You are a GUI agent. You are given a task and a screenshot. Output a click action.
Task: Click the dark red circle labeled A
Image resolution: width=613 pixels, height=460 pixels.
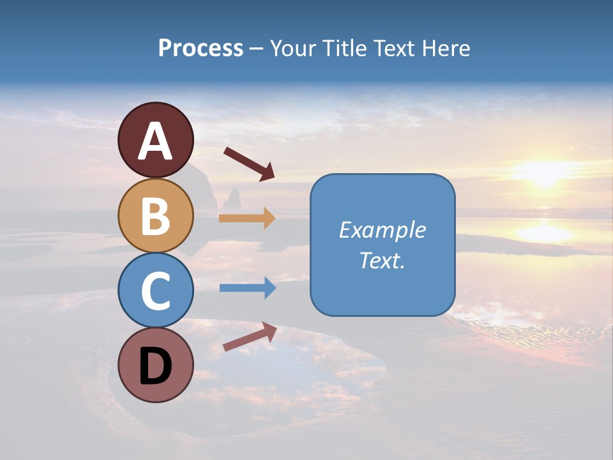pos(155,140)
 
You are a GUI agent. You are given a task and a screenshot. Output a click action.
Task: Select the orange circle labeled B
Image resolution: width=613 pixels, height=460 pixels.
pos(155,215)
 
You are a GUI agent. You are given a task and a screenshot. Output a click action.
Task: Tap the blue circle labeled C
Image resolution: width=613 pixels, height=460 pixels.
pos(155,290)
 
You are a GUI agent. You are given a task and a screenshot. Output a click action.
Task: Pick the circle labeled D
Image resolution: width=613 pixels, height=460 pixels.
pos(155,365)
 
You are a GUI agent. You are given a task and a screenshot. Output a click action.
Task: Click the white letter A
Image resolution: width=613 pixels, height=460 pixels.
pos(155,141)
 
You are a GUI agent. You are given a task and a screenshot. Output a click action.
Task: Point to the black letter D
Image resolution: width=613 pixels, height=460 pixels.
pos(155,367)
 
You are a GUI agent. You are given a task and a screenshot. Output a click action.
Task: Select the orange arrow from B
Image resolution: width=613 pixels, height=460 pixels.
pos(246,218)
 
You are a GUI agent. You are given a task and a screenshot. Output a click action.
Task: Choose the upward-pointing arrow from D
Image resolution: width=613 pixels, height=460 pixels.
pos(250,337)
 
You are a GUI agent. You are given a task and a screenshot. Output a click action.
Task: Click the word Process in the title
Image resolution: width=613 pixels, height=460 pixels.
pos(201,48)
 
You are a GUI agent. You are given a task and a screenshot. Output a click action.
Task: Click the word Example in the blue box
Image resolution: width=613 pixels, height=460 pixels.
pos(382,230)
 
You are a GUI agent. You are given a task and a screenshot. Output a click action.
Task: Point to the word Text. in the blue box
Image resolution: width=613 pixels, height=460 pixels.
pos(382,260)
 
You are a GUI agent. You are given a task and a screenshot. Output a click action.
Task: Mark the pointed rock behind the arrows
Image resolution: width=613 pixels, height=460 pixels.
pos(231,197)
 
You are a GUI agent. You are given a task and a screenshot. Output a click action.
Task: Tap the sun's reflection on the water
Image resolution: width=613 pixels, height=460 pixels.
pos(543,233)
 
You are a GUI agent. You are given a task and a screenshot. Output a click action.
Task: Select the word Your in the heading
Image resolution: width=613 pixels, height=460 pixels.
pos(292,48)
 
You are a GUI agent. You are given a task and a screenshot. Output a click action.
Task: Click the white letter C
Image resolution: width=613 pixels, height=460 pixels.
pos(155,291)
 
